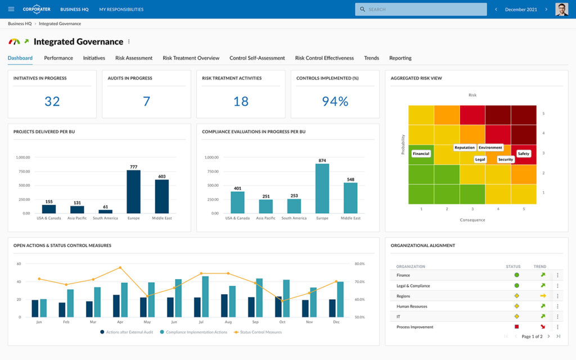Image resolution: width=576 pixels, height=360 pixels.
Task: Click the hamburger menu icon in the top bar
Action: click(11, 10)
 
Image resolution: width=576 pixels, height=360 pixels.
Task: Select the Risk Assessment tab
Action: click(134, 58)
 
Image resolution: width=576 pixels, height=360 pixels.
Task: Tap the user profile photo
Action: click(561, 10)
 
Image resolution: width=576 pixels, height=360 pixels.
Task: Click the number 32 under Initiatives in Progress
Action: click(52, 101)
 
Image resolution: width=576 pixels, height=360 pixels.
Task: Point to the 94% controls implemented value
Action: click(335, 101)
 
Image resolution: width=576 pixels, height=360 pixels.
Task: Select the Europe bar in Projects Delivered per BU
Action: click(133, 191)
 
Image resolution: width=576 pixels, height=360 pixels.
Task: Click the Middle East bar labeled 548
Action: click(350, 197)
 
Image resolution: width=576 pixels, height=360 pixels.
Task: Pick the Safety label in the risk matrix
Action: click(523, 154)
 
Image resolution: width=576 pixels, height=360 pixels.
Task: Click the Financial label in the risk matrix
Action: click(421, 154)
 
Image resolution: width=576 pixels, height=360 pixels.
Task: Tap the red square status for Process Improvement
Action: click(516, 327)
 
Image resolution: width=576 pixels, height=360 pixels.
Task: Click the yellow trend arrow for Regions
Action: click(543, 296)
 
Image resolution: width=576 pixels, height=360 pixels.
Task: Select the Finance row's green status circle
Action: click(516, 275)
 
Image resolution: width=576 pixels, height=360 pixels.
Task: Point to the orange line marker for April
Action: click(120, 268)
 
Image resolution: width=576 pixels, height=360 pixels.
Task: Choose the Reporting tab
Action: click(400, 58)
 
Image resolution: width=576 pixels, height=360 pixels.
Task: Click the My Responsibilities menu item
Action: click(121, 10)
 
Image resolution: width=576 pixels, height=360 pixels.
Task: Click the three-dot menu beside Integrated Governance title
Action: click(129, 42)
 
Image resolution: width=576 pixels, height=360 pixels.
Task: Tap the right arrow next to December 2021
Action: click(546, 10)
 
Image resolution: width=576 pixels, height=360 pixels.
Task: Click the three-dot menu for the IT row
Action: click(558, 317)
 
